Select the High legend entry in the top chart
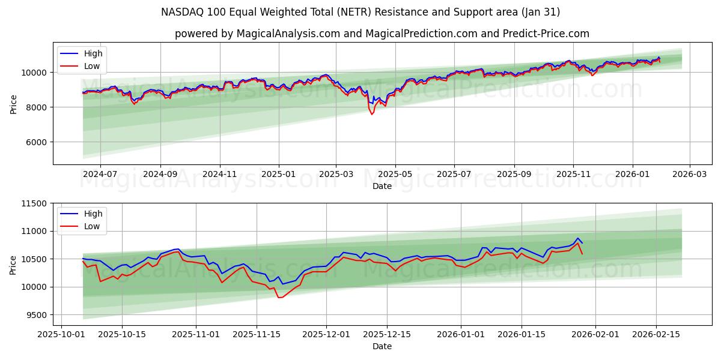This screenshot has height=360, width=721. click(x=93, y=53)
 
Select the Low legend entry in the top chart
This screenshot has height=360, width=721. click(x=91, y=66)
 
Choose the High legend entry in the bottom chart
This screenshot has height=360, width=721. click(x=93, y=214)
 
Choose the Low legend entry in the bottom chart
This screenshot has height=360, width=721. click(x=91, y=226)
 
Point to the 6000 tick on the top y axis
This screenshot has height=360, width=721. click(x=35, y=142)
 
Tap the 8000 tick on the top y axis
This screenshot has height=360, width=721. click(x=35, y=107)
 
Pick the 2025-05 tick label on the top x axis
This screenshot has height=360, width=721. click(x=395, y=174)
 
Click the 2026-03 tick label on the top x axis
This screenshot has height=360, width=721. click(x=689, y=174)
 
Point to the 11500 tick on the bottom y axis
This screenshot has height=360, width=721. click(x=33, y=203)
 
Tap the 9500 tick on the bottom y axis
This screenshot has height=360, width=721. click(x=35, y=315)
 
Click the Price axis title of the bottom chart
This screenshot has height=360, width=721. click(x=13, y=265)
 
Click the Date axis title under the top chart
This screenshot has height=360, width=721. click(x=382, y=186)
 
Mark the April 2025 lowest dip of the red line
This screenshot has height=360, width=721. click(x=372, y=114)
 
